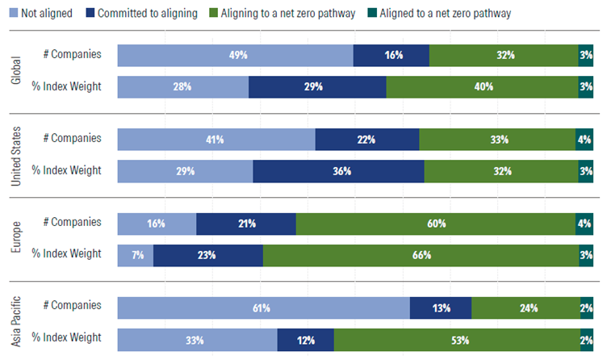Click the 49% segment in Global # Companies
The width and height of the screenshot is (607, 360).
coord(235,56)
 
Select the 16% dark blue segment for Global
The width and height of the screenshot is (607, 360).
coord(391,56)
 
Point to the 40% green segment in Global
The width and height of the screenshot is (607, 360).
coord(483,86)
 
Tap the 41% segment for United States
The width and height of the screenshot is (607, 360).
coord(216,140)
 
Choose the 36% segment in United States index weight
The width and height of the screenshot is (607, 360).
coord(338,171)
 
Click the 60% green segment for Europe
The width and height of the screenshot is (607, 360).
coord(436,224)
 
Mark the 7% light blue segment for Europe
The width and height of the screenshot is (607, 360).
coord(136,255)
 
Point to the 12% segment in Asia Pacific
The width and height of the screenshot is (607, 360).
coord(305,339)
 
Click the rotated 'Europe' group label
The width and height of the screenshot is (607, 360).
coord(16,239)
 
